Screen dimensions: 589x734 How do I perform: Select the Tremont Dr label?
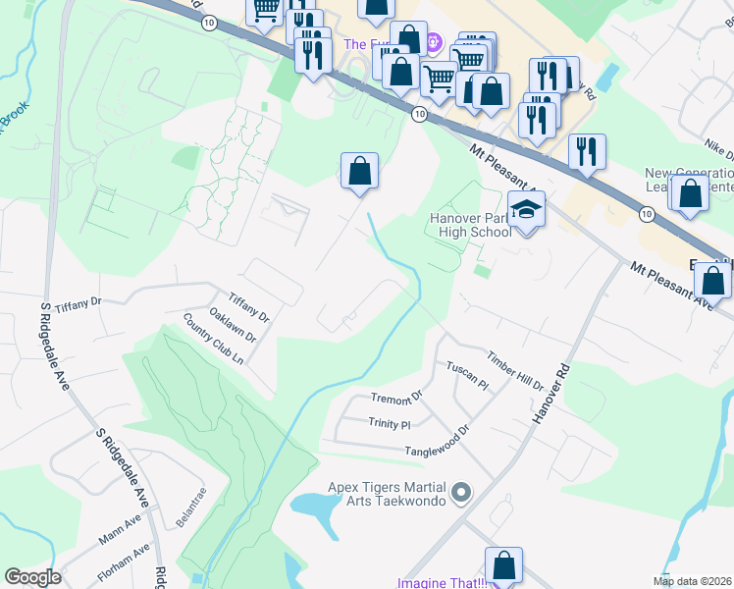(x=395, y=398)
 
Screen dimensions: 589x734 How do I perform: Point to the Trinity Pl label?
(x=389, y=424)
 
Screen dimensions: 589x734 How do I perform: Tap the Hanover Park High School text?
(x=470, y=225)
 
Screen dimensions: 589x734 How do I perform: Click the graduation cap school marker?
(x=527, y=210)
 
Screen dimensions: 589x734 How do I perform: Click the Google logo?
(x=32, y=577)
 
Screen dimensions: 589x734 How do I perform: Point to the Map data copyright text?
(x=693, y=581)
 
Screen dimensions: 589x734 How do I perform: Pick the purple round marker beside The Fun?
(x=436, y=44)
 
